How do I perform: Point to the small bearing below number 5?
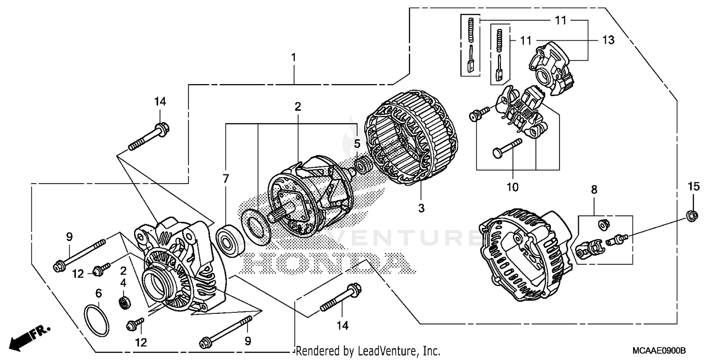tap(362, 166)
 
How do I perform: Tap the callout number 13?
tap(608, 40)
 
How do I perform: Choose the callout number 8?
tap(594, 190)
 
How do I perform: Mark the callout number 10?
tap(513, 187)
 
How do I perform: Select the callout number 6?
tap(99, 293)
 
